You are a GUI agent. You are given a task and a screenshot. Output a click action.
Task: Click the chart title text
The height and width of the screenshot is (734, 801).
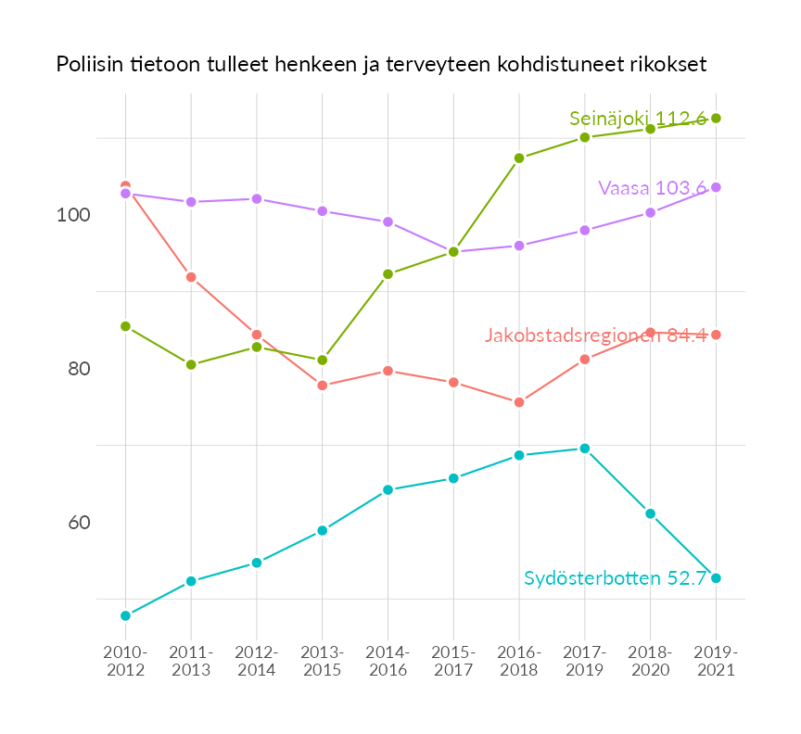(381, 65)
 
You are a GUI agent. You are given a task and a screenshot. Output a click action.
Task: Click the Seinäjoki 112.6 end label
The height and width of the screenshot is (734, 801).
(638, 119)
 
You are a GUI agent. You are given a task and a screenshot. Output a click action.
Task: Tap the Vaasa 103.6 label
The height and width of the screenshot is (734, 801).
(653, 188)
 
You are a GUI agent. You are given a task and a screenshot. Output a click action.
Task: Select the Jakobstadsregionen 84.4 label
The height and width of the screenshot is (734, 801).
(595, 335)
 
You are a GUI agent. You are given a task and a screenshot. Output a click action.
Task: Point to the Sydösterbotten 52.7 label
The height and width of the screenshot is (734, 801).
(616, 578)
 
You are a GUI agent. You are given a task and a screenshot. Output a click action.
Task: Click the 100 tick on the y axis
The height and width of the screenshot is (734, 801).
(73, 215)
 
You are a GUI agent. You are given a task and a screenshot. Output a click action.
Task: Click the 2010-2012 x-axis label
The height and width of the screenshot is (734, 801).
(125, 661)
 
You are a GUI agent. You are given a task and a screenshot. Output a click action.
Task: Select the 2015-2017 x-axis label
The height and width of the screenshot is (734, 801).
(453, 661)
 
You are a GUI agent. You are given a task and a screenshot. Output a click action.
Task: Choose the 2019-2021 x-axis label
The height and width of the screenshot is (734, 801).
(716, 661)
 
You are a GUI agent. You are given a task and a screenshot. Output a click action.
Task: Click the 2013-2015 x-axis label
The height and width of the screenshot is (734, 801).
(323, 661)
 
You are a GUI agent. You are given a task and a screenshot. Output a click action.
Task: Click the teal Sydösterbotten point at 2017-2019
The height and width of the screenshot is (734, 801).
(585, 449)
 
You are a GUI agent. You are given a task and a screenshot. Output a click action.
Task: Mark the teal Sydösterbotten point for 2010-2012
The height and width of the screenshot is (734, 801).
(125, 615)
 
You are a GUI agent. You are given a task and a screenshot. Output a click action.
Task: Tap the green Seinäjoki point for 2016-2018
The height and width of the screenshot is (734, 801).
(519, 158)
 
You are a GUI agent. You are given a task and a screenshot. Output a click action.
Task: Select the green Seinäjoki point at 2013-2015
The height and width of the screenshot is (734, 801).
(323, 361)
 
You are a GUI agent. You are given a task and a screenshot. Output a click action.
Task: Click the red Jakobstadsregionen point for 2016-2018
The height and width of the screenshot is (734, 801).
(519, 402)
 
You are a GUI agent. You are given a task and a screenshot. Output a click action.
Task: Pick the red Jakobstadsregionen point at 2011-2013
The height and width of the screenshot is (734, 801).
(191, 277)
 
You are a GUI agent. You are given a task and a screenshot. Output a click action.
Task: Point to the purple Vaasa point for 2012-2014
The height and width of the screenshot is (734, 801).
(257, 199)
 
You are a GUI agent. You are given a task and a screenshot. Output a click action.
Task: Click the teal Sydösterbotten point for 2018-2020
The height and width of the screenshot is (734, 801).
(651, 513)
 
